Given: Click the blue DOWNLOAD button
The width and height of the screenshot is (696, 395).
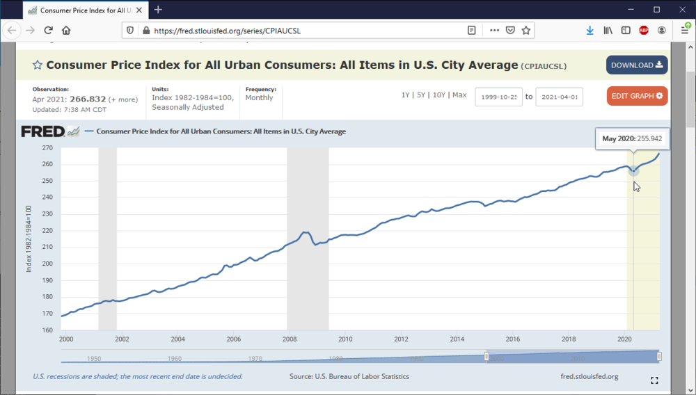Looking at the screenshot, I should point(636,65).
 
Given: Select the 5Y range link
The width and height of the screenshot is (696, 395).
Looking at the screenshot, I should point(421,95).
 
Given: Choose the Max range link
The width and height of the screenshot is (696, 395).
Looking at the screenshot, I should point(459,95).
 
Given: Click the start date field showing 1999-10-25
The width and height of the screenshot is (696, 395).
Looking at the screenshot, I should point(498,97).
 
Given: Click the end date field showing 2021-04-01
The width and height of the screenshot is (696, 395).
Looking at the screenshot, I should point(559,97).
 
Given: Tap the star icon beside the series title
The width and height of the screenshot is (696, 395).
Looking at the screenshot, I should point(38,65).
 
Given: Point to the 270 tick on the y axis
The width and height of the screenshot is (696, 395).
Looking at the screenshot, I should point(48,148).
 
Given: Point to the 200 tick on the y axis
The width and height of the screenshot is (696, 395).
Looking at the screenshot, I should point(48,264).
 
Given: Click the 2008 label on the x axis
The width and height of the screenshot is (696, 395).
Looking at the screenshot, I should point(290,339).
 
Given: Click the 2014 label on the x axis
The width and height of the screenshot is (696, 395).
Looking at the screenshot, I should point(457,339).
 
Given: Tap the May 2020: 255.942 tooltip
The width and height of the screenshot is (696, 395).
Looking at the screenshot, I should point(631,139).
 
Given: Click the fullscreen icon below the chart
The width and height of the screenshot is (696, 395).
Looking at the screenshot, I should point(654,380).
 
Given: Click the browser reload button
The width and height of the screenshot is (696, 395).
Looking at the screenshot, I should point(49,31).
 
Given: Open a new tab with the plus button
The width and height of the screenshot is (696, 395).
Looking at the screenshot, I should point(158,10).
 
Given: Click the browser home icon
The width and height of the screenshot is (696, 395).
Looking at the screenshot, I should point(66,31).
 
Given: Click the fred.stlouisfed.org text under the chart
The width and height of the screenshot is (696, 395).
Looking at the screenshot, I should point(589,376).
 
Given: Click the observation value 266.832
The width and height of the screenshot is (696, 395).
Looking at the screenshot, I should point(88,99).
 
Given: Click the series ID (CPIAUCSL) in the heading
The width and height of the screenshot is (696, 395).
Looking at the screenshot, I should point(544,66).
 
